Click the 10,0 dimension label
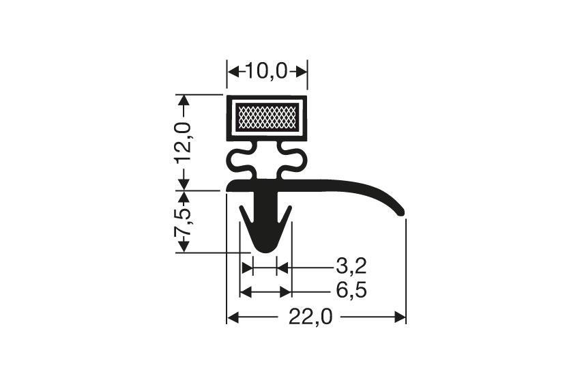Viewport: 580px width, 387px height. [x=267, y=70]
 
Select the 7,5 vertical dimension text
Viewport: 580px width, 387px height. [x=183, y=222]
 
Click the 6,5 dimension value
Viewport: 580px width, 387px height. [x=352, y=291]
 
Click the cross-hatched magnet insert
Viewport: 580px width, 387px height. [x=266, y=117]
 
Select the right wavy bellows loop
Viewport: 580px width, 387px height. [x=294, y=162]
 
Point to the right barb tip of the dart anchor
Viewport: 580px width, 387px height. [x=290, y=207]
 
